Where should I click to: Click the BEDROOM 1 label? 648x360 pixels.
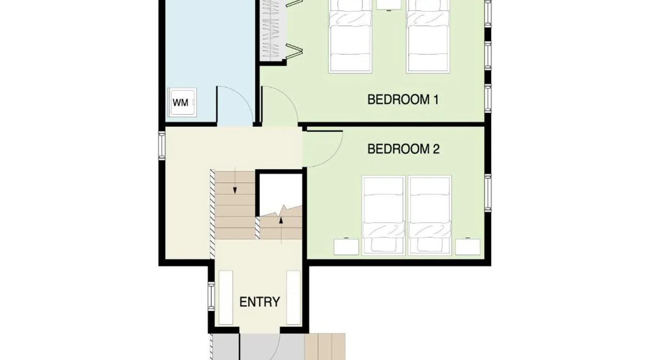click(x=403, y=99)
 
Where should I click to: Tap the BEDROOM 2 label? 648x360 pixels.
click(x=403, y=149)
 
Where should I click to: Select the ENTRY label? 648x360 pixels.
click(x=260, y=302)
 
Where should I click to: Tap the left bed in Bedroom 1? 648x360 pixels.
click(x=350, y=36)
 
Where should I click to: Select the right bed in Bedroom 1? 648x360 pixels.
click(x=428, y=36)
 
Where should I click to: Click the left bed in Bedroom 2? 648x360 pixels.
click(x=384, y=215)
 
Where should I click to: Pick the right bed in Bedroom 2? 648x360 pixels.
click(x=430, y=215)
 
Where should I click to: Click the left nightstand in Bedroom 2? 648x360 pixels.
click(x=346, y=247)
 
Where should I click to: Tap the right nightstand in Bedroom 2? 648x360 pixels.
click(x=468, y=247)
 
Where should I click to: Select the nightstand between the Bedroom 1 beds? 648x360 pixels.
click(x=389, y=4)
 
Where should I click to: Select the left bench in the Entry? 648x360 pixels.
click(x=226, y=298)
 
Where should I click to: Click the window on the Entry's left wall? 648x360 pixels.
click(x=212, y=296)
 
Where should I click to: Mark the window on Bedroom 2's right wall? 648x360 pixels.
click(x=488, y=193)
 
